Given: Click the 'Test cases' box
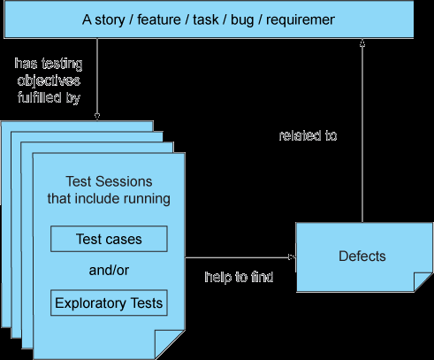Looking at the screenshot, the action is click(109, 239).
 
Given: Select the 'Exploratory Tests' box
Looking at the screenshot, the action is click(109, 303).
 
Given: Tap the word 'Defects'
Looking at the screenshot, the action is click(362, 256).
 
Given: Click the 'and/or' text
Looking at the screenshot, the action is click(109, 270).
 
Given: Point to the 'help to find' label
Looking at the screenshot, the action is click(239, 277).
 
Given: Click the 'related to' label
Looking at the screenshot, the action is click(308, 135).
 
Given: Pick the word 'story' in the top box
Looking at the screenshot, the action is click(110, 20).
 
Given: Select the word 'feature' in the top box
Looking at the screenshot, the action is click(159, 19).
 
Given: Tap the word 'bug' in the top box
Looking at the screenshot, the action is click(242, 20).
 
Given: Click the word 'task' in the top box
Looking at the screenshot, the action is click(206, 19).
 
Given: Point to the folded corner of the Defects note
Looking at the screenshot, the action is click(422, 280).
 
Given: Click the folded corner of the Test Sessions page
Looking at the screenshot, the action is click(168, 343).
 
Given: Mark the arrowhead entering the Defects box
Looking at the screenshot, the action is click(292, 257).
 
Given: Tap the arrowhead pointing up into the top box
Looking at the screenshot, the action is click(362, 43).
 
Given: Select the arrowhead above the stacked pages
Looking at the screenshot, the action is click(97, 116).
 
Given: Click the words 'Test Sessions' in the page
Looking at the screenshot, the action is click(109, 181).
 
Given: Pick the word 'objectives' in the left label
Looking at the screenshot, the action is click(49, 80).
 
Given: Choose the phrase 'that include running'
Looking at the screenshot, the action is click(109, 198).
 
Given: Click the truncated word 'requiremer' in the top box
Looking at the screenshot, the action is click(301, 20).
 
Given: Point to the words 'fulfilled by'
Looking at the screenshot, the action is click(49, 97).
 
